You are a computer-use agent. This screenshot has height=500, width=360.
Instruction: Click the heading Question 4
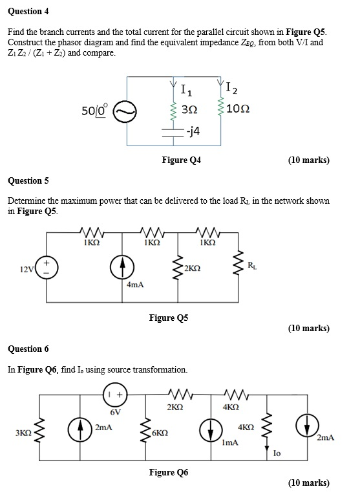tap(28, 12)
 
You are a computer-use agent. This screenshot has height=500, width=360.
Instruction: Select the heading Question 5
tap(28, 180)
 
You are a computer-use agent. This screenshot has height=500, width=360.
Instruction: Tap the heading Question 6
tap(28, 349)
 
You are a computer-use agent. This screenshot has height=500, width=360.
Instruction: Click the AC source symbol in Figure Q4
tap(124, 112)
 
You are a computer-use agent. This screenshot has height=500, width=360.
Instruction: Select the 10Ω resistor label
tap(250, 110)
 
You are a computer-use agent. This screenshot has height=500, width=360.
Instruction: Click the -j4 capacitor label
tap(192, 131)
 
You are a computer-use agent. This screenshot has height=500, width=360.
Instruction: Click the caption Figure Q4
tap(181, 160)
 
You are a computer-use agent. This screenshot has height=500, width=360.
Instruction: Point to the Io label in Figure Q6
tap(276, 455)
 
